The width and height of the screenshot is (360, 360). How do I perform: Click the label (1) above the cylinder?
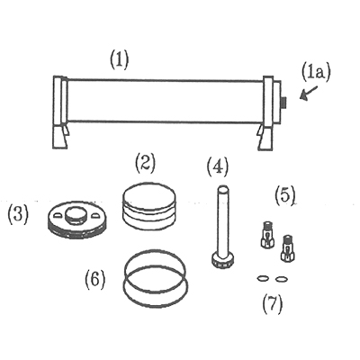point(119,59)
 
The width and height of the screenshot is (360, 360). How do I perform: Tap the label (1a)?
point(316,73)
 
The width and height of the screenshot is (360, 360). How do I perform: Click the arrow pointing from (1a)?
point(309,93)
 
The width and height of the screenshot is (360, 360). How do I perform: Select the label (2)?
point(145,163)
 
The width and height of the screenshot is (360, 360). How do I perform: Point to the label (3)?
point(18,215)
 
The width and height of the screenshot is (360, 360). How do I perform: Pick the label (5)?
point(285,195)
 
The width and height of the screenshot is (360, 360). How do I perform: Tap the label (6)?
point(95,280)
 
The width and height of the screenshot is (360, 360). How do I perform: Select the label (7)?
point(273,303)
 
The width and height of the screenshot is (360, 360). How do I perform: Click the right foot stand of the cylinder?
point(265,137)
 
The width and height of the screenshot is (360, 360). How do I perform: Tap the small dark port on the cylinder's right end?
point(283,103)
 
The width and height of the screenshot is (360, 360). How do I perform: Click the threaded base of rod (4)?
point(222,260)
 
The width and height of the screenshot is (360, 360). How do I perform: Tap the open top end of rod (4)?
point(222,190)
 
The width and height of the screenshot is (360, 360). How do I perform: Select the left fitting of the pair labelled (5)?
point(267,235)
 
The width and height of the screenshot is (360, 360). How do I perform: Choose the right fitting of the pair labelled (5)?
point(286,247)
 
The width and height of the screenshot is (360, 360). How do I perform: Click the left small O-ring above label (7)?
point(263,279)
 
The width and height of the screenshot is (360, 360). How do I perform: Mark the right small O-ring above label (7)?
point(282,279)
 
